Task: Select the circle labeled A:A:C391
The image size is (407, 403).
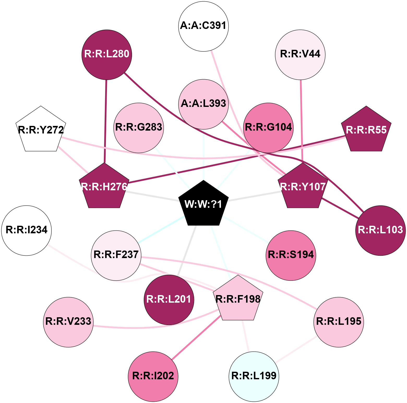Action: (x=203, y=26)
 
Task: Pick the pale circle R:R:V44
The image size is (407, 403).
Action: (x=300, y=54)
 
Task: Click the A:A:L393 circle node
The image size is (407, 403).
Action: (x=203, y=104)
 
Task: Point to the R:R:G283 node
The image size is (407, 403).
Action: (x=139, y=127)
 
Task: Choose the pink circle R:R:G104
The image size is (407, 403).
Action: (x=268, y=127)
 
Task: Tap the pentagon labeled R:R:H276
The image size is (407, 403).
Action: (x=104, y=187)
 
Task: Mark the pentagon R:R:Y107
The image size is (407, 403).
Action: (x=303, y=187)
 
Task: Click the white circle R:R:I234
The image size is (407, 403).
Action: (x=26, y=230)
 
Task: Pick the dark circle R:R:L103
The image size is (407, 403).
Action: (x=380, y=230)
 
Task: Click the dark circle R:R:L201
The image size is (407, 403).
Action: (x=169, y=300)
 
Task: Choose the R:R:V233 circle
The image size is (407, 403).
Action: (x=68, y=322)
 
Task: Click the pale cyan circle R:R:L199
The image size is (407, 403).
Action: (x=254, y=376)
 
